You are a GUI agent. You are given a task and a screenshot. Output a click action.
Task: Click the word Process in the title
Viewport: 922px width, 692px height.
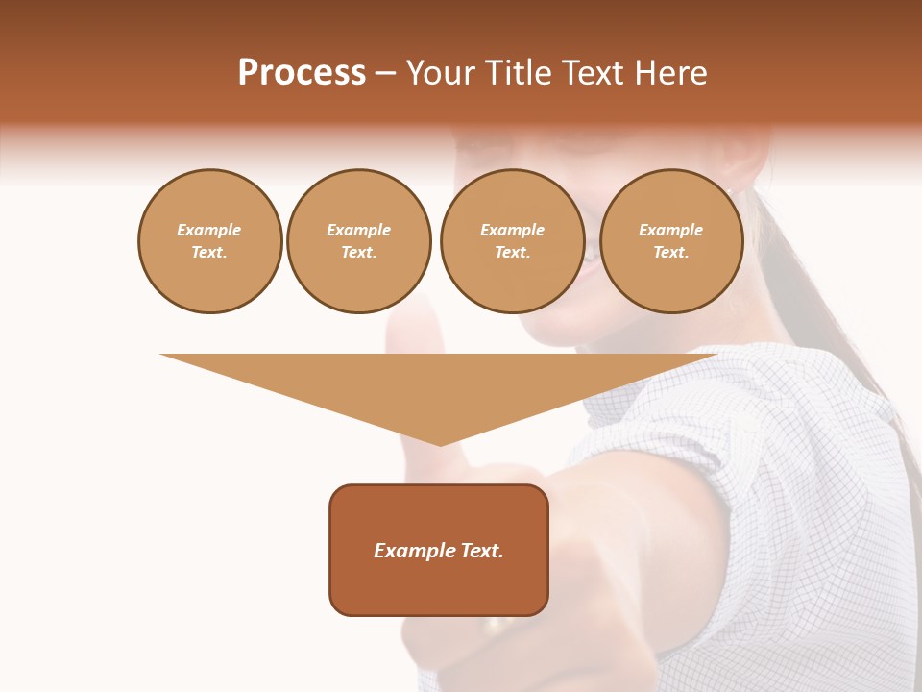[302, 73]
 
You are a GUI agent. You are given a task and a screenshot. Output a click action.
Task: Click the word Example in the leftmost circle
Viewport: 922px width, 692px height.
[209, 230]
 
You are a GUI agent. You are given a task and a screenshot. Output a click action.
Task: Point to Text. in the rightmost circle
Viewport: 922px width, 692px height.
[670, 252]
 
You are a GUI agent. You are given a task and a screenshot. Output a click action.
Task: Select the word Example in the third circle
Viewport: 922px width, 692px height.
[512, 230]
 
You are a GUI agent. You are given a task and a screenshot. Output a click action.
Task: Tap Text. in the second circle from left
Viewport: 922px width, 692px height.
[358, 252]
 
